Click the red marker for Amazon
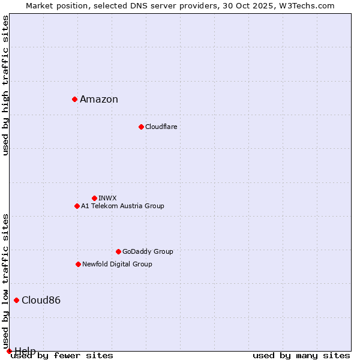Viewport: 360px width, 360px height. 74,99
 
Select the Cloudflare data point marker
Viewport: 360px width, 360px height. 141,127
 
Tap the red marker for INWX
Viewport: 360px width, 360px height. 94,198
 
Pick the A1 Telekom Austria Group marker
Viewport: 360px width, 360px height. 77,206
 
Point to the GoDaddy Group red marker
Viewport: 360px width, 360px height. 118,251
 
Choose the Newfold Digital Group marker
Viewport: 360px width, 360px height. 78,264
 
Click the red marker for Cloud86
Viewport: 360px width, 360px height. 16,300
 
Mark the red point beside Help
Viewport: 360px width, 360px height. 9,351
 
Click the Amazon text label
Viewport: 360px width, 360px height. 99,100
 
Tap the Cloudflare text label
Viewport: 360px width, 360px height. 161,127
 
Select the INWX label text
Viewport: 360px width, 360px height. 107,198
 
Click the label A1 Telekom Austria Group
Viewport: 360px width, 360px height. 122,206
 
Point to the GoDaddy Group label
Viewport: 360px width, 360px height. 148,251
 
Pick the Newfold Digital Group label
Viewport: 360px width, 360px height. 117,264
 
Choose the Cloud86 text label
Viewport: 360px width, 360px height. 41,300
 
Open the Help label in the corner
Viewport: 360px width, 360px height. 25,351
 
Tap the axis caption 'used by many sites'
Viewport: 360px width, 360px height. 301,356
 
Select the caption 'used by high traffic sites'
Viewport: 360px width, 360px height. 5,85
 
